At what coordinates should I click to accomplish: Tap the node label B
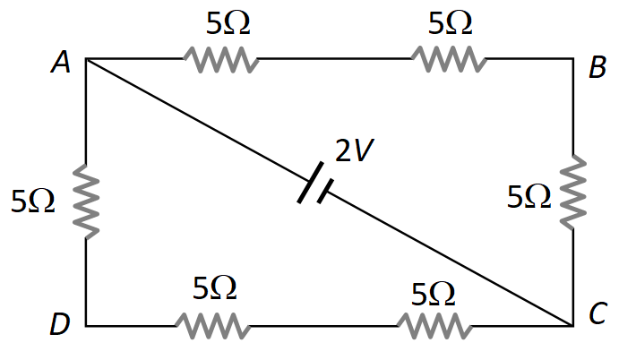(x=597, y=68)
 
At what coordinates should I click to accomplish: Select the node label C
(x=597, y=314)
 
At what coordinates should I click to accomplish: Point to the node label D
(x=59, y=325)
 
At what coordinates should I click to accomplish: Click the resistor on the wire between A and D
(x=86, y=201)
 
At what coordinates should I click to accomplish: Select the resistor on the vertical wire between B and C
(x=572, y=193)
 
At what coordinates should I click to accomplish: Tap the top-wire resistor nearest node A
(x=221, y=60)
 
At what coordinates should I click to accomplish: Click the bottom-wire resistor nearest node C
(x=434, y=326)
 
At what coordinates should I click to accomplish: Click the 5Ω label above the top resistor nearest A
(x=228, y=24)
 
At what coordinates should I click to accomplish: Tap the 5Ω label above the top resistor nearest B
(x=450, y=24)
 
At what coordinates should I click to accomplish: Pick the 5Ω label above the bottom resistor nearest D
(x=215, y=287)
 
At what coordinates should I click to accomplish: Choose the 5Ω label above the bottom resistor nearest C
(x=433, y=293)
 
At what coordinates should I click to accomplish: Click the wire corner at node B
(x=572, y=60)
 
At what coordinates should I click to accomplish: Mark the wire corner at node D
(x=86, y=326)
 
